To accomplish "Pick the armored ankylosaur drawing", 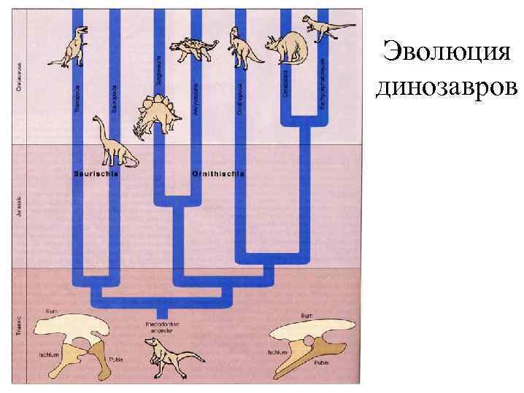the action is click(194, 50).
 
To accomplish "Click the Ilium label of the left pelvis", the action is click(52, 311).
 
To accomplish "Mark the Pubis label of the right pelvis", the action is click(321, 361).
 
